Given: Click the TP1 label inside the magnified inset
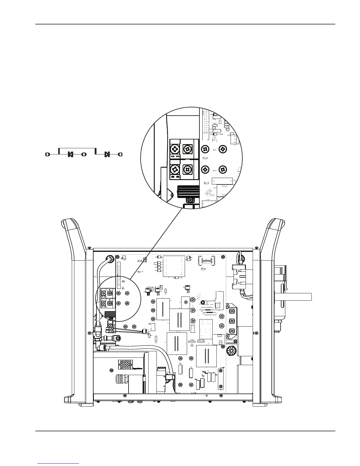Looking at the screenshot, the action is pyautogui.click(x=215, y=141).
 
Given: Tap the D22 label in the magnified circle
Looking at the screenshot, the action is pyautogui.click(x=215, y=150).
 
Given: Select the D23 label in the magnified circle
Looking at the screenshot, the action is pyautogui.click(x=215, y=170).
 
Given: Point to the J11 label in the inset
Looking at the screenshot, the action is pyautogui.click(x=212, y=195).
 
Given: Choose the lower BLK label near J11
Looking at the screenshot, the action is pyautogui.click(x=207, y=183).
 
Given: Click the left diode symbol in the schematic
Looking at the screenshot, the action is pyautogui.click(x=70, y=154).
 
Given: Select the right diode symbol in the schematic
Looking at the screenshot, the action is pyautogui.click(x=107, y=154).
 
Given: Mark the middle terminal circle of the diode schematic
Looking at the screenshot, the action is pyautogui.click(x=84, y=154).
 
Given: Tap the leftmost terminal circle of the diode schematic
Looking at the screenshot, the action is pyautogui.click(x=47, y=154).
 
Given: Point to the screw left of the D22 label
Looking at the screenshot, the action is pyautogui.click(x=205, y=149).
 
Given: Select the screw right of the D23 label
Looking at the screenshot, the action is pyautogui.click(x=224, y=169).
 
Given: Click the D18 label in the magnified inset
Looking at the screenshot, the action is pyautogui.click(x=221, y=134).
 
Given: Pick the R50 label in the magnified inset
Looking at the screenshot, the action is pyautogui.click(x=214, y=124).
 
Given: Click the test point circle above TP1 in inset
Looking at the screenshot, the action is pyautogui.click(x=214, y=137).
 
